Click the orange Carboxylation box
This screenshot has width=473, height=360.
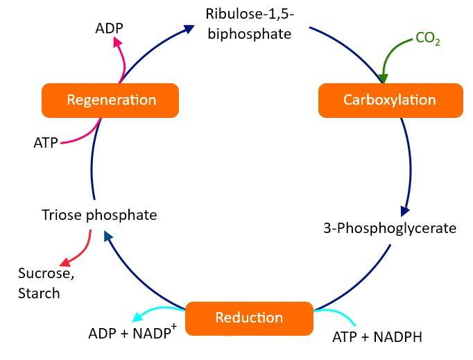point(390,100)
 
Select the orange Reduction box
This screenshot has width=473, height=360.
point(249,318)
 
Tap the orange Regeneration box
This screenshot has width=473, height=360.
point(111,100)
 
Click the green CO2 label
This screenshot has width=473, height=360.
point(427,39)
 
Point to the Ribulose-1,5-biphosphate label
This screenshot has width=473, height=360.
point(249,23)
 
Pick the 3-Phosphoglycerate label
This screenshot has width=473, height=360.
point(390,228)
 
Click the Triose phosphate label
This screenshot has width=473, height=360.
point(99,215)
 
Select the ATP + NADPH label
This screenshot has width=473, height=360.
point(377,337)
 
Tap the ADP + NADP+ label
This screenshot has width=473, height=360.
point(132,333)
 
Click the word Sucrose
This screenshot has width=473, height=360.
point(46,273)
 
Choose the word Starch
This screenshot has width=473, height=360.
point(39,293)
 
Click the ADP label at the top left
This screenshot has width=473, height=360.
point(110,29)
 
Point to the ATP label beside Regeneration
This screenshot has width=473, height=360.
point(46,143)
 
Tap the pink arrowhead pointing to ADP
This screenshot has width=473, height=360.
point(118,42)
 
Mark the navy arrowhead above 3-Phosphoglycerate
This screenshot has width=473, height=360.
point(405,210)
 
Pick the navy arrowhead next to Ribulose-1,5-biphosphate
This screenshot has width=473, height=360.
point(189,28)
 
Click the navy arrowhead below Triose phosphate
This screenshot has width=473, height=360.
point(108,237)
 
